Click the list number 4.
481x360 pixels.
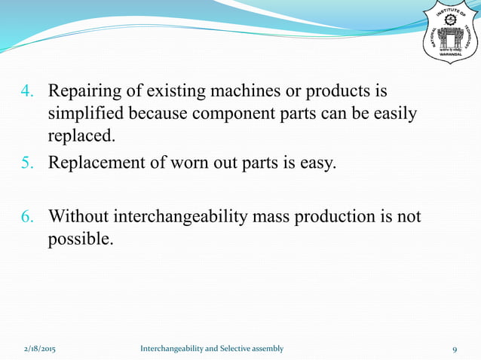[x=26, y=93]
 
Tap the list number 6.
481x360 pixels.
[x=26, y=218]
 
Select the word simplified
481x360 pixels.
[x=85, y=114]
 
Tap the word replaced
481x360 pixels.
[x=81, y=136]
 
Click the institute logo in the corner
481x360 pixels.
[x=450, y=33]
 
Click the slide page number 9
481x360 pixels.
[x=455, y=349]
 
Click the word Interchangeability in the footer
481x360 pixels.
[x=170, y=349]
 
